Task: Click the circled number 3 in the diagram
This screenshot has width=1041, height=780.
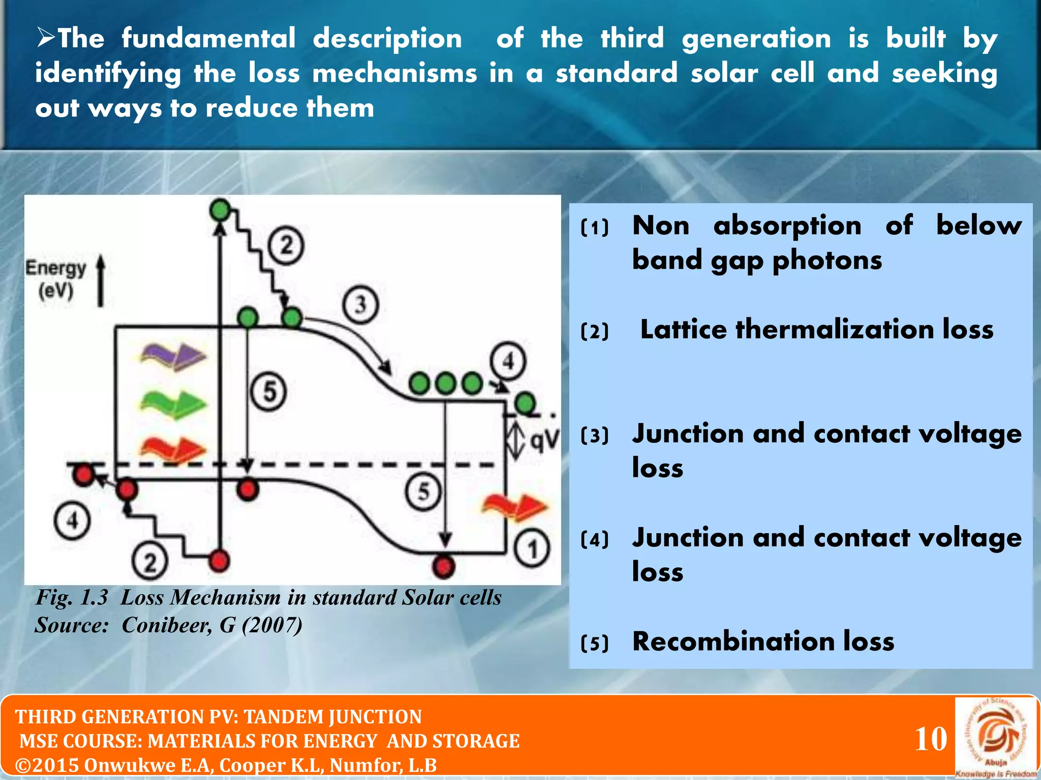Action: point(360,305)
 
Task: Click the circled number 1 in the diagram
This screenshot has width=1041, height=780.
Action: point(532,549)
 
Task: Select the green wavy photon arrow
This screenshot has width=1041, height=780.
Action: point(173,404)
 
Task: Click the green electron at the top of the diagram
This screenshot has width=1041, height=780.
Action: point(220,210)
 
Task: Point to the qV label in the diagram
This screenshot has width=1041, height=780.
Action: point(545,440)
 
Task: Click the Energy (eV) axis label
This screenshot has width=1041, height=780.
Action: point(56,279)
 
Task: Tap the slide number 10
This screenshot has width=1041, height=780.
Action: point(931,739)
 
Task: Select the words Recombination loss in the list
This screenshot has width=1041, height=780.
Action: point(762,641)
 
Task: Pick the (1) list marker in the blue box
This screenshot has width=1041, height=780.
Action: point(594,227)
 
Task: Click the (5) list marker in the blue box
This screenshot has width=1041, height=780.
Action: point(594,643)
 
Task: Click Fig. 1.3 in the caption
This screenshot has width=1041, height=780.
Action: point(72,598)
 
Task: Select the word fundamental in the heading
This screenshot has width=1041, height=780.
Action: point(208,39)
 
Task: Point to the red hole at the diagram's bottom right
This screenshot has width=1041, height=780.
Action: point(443,566)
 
